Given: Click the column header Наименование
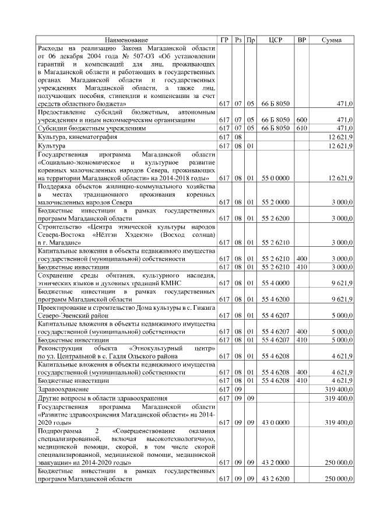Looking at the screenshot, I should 126,40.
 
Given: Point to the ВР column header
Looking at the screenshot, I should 302,40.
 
